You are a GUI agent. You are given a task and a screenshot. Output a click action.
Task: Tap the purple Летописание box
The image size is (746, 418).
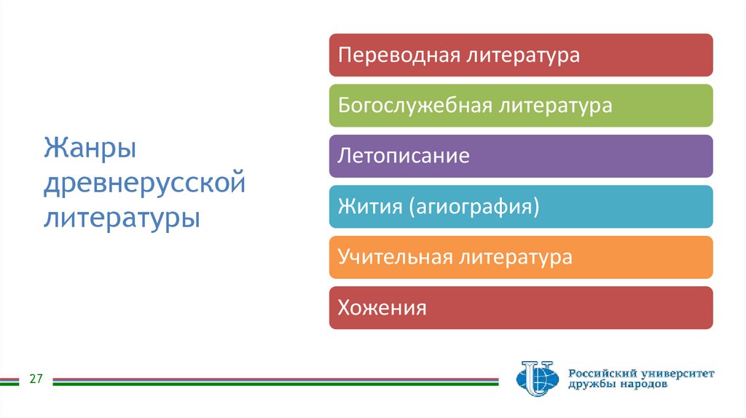pos(520,157)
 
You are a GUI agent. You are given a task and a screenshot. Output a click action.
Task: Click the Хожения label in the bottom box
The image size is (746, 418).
pos(382,308)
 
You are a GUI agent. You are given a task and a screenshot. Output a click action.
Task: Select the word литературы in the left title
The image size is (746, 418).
pos(122,217)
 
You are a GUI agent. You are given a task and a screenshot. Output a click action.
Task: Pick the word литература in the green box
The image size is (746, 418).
pos(555,106)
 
